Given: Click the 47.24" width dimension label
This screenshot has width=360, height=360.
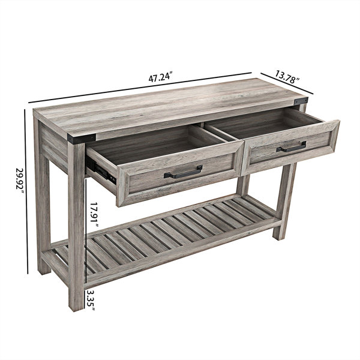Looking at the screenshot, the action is click(x=160, y=77).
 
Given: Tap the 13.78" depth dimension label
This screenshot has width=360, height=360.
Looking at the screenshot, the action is click(x=287, y=77).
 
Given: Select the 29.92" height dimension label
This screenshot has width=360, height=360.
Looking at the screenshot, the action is click(x=20, y=182).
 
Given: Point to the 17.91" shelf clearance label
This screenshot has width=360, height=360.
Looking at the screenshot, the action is click(x=94, y=215).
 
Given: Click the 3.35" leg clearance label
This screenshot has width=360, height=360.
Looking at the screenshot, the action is click(x=91, y=300).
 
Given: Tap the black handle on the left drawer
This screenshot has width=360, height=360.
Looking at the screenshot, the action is click(x=183, y=172).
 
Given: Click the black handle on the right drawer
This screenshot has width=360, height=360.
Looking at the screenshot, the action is click(x=292, y=147).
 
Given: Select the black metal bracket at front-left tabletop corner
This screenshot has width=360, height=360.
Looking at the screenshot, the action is click(x=82, y=139).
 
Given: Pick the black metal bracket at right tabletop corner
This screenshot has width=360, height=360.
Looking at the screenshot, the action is click(x=301, y=101).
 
